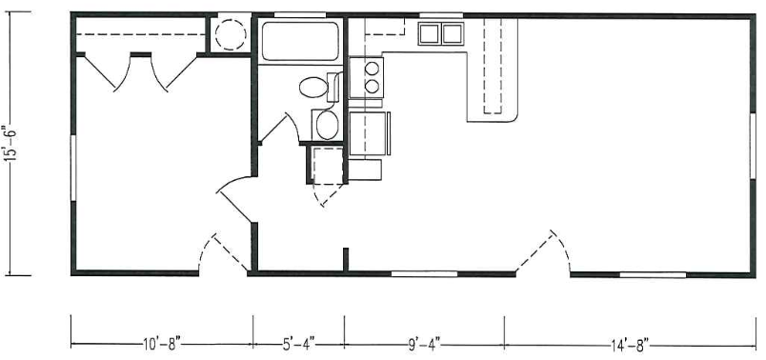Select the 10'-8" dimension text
click(x=162, y=346)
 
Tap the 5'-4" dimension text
click(x=298, y=346)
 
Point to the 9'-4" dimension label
click(x=424, y=345)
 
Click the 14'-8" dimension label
click(x=630, y=346)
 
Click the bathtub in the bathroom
click(x=300, y=41)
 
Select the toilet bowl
click(x=313, y=88)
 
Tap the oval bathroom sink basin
click(x=327, y=125)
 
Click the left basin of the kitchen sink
click(x=430, y=33)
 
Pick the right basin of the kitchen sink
click(x=453, y=33)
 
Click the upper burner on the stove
click(x=372, y=68)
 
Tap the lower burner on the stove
click(x=372, y=87)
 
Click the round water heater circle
click(x=231, y=34)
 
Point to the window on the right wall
click(x=753, y=146)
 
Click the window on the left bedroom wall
click(x=73, y=168)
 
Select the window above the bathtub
click(x=299, y=14)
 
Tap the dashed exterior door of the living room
click(x=543, y=251)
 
